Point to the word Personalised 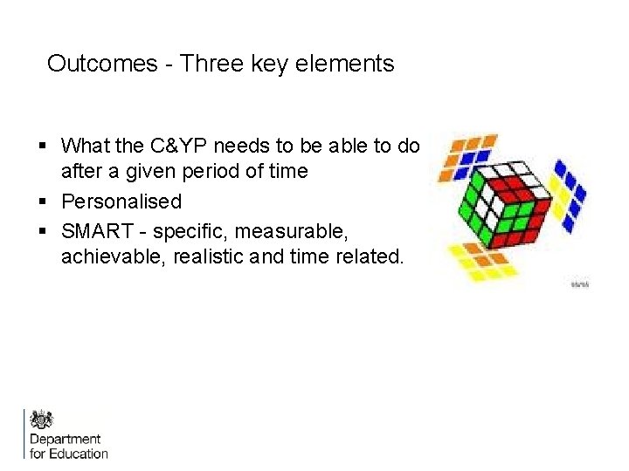point(121,201)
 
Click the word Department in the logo point(66,439)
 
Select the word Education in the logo point(79,453)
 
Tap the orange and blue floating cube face point(468,154)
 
